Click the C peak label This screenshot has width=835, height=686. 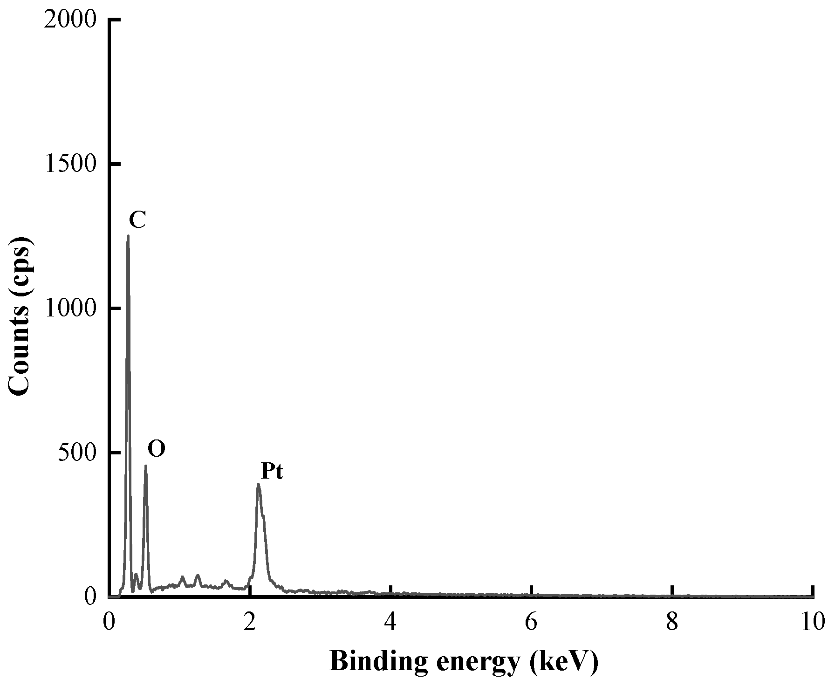click(x=137, y=220)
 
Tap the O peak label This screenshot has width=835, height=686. click(x=157, y=449)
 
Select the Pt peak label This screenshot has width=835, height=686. click(x=272, y=472)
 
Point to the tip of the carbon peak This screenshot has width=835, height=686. click(x=128, y=236)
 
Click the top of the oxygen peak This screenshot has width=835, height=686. click(x=145, y=465)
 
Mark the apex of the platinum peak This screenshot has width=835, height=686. click(x=258, y=484)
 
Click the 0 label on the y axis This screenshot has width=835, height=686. click(x=90, y=597)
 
